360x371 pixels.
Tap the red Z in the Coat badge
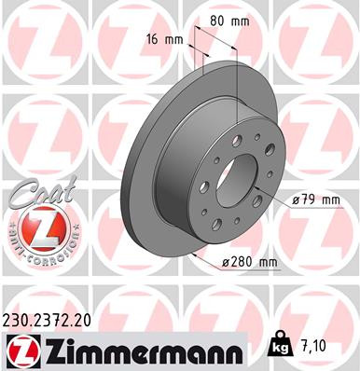(37, 227)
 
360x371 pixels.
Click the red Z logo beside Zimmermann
(18, 350)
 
